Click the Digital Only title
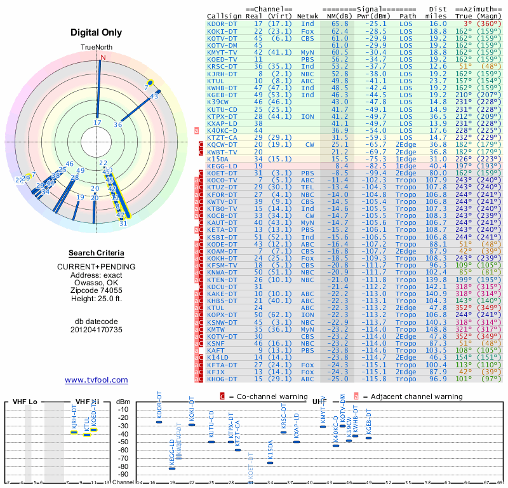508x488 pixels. point(97,33)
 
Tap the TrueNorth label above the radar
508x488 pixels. point(97,48)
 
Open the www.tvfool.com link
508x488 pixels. point(97,380)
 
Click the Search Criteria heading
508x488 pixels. point(97,253)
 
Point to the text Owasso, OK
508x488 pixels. point(97,283)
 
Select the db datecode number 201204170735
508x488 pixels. point(97,330)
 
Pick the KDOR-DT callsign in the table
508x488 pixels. point(222,24)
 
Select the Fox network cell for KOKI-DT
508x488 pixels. point(307,30)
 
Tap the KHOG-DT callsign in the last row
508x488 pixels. point(222,379)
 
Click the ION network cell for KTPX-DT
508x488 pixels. point(307,116)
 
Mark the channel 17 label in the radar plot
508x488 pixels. point(97,123)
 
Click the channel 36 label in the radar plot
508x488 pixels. point(118,125)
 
